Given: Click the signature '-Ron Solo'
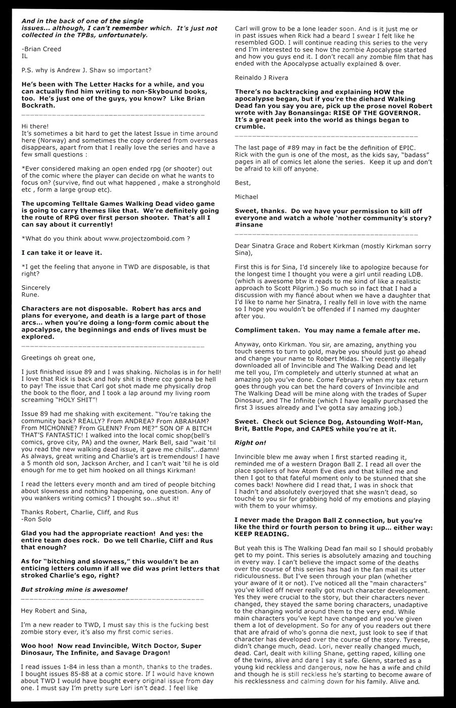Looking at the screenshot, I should pyautogui.click(x=37, y=519).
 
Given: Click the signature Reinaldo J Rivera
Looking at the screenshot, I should pyautogui.click(x=261, y=77).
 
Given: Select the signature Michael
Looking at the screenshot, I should pyautogui.click(x=246, y=196).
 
